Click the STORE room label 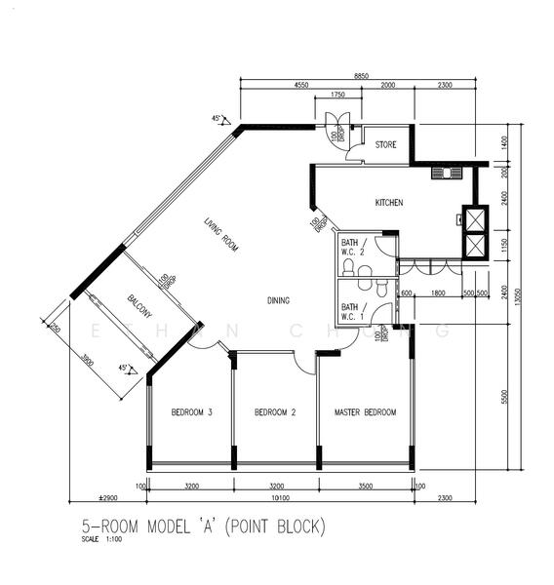(x=386, y=145)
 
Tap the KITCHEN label (x=389, y=203)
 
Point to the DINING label (x=278, y=300)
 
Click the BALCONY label (x=138, y=307)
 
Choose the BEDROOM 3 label (x=192, y=412)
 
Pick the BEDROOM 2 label (x=275, y=412)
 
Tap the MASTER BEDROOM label (x=365, y=412)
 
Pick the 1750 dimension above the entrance (x=337, y=95)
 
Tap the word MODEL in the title (x=172, y=527)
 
